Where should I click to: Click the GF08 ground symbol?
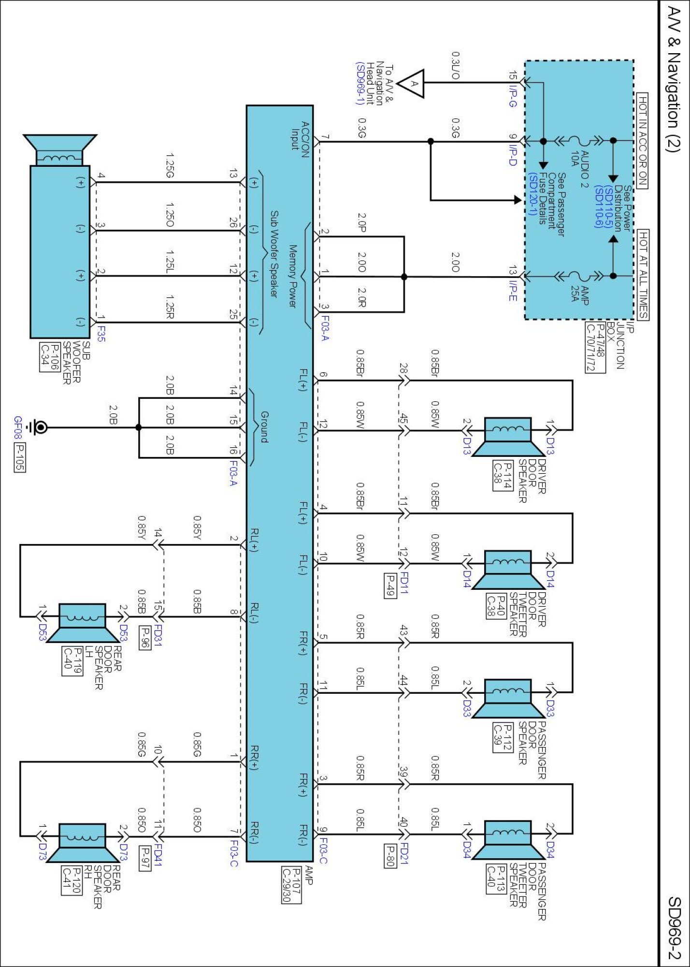coord(37,427)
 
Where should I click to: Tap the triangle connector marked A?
coord(414,83)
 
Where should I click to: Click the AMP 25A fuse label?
coord(578,290)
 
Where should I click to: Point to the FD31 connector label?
coord(158,636)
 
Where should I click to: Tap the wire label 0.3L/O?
coord(456,65)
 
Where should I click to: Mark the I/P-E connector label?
coord(513,290)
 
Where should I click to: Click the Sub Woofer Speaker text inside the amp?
coord(274,253)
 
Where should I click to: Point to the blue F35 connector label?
coord(101,333)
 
